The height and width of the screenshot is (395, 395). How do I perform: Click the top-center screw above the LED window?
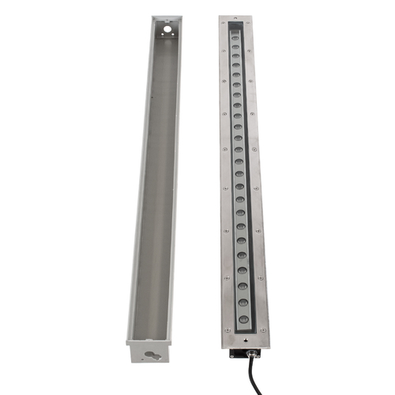click(x=236, y=19)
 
